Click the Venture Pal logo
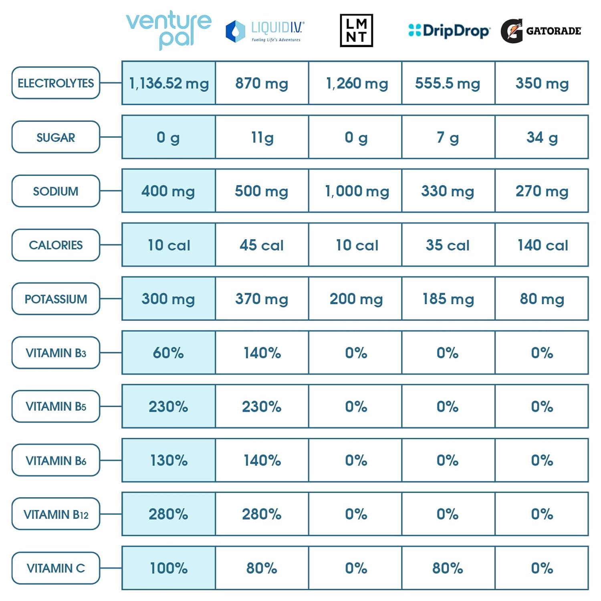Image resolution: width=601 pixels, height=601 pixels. [169, 30]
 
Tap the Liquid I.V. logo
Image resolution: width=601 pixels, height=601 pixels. [265, 31]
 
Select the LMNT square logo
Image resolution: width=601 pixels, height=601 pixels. [356, 30]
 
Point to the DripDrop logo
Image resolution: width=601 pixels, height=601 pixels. [449, 30]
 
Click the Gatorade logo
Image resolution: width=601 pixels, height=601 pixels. [541, 31]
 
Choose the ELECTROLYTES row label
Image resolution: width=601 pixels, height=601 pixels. [56, 83]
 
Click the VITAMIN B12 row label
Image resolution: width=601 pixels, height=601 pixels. [56, 514]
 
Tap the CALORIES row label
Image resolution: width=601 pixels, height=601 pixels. [56, 245]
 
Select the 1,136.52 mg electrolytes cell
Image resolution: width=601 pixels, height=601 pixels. [169, 83]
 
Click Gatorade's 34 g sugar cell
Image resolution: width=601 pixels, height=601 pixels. [542, 137]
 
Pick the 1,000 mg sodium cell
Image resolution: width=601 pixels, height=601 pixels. [356, 191]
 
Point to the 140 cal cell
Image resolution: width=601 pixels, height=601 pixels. [542, 245]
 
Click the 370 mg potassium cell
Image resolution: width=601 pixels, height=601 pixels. [262, 298]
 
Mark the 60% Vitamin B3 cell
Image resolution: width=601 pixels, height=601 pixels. [169, 353]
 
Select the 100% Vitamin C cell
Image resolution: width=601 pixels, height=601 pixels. [169, 568]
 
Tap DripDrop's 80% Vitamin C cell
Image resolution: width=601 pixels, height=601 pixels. [448, 568]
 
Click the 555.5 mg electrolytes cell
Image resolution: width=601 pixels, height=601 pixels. [448, 83]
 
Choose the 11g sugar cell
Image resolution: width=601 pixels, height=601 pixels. [262, 137]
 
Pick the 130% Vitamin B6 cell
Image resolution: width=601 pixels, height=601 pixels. [169, 460]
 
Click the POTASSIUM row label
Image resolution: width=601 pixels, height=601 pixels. [56, 299]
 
